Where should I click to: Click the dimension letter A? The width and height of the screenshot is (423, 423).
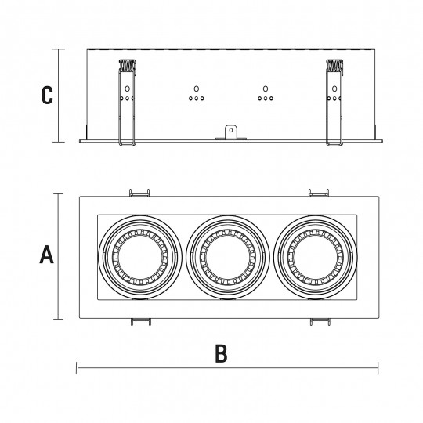[47, 254]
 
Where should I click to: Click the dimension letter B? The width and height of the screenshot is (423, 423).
[221, 353]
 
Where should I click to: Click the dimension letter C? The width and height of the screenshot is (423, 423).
[47, 95]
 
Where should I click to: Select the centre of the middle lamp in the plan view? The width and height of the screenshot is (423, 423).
[228, 258]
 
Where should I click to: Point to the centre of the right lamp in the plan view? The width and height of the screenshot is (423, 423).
[316, 258]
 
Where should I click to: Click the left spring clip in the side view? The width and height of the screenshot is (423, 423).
[127, 103]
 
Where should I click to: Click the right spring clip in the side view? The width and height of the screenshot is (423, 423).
[334, 103]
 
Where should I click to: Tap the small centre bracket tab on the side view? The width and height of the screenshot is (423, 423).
[231, 132]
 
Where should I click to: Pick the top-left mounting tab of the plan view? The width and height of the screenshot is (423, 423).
[139, 193]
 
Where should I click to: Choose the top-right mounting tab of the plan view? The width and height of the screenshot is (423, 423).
[319, 193]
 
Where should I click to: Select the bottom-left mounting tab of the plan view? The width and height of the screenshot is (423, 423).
[141, 322]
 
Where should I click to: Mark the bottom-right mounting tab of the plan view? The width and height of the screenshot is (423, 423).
[320, 322]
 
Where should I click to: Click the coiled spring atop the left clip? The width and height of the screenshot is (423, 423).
[127, 65]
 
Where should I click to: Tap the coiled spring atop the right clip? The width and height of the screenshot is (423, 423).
[334, 65]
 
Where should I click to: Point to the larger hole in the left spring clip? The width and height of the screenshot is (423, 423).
[127, 89]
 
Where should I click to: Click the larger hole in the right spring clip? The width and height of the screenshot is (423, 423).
[334, 89]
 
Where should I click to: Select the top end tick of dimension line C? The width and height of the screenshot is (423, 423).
[59, 49]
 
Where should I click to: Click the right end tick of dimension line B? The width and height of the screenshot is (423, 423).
[378, 368]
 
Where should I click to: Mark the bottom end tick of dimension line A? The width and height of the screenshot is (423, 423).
[58, 319]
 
